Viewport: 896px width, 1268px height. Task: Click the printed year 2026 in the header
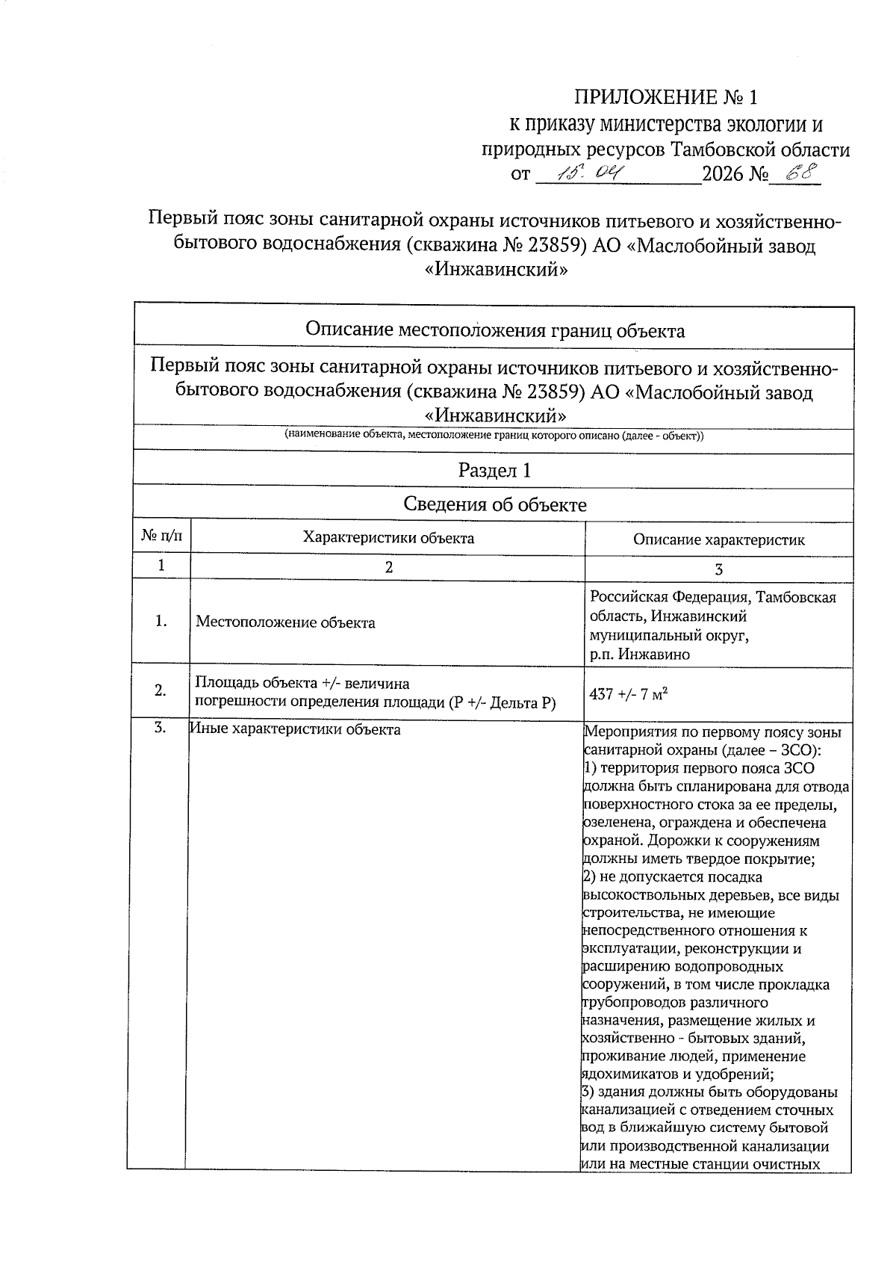(x=724, y=176)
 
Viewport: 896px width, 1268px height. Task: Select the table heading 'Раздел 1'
(x=494, y=470)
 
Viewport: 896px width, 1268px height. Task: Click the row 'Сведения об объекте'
(x=494, y=504)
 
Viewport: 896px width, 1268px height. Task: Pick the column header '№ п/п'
(x=161, y=536)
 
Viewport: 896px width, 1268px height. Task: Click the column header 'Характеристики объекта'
(x=388, y=537)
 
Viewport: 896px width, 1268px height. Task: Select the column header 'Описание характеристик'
(x=718, y=539)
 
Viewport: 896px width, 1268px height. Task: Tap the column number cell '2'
(x=388, y=567)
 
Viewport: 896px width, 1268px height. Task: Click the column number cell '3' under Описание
(x=718, y=569)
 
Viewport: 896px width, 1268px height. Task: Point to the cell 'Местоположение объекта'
(x=285, y=622)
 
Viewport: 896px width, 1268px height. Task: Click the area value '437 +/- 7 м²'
(x=628, y=694)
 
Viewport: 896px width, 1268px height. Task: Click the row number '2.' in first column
(x=160, y=690)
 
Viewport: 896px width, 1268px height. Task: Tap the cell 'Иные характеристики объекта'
(x=295, y=729)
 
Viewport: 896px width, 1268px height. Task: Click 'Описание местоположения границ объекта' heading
(x=494, y=330)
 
